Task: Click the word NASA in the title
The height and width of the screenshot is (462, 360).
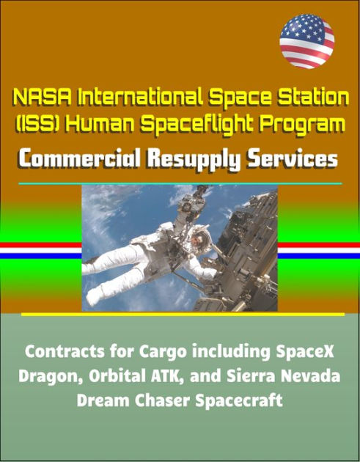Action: coord(43,96)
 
